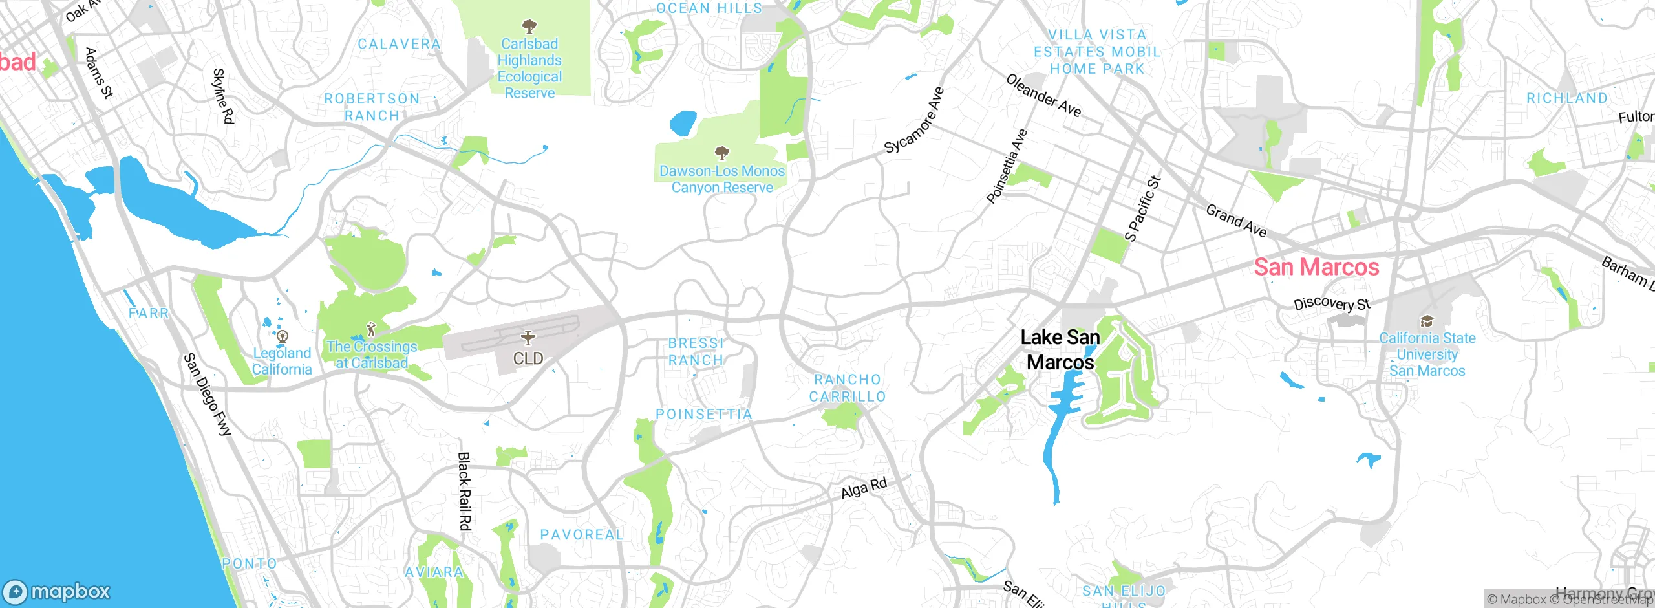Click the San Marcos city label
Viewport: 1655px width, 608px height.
[1316, 267]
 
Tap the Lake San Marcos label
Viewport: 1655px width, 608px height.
[1060, 349]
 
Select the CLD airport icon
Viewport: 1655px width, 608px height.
[528, 338]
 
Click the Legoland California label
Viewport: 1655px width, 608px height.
[282, 361]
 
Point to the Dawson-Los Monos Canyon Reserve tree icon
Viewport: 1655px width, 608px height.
[721, 153]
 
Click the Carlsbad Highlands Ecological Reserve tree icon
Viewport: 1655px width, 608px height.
[529, 27]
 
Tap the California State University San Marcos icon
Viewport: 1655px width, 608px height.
[1427, 321]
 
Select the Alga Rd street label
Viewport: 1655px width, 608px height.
[864, 488]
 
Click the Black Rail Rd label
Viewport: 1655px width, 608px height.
[464, 491]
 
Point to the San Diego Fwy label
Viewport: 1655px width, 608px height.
[207, 395]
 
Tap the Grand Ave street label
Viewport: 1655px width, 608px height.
[1236, 221]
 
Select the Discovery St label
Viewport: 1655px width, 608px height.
[1332, 303]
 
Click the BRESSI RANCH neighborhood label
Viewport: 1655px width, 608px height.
[696, 351]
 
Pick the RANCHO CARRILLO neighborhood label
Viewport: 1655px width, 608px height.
[848, 387]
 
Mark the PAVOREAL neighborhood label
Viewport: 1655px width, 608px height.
[582, 535]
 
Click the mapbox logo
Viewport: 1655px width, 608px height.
[57, 591]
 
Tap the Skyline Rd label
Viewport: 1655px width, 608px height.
[223, 96]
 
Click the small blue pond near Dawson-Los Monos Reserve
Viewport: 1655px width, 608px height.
[683, 123]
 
